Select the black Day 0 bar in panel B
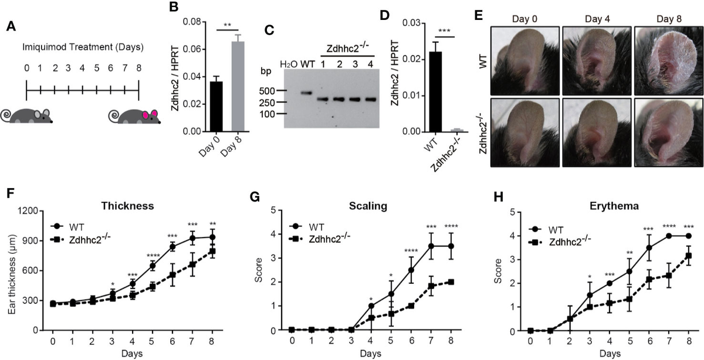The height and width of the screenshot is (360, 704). [216, 106]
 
